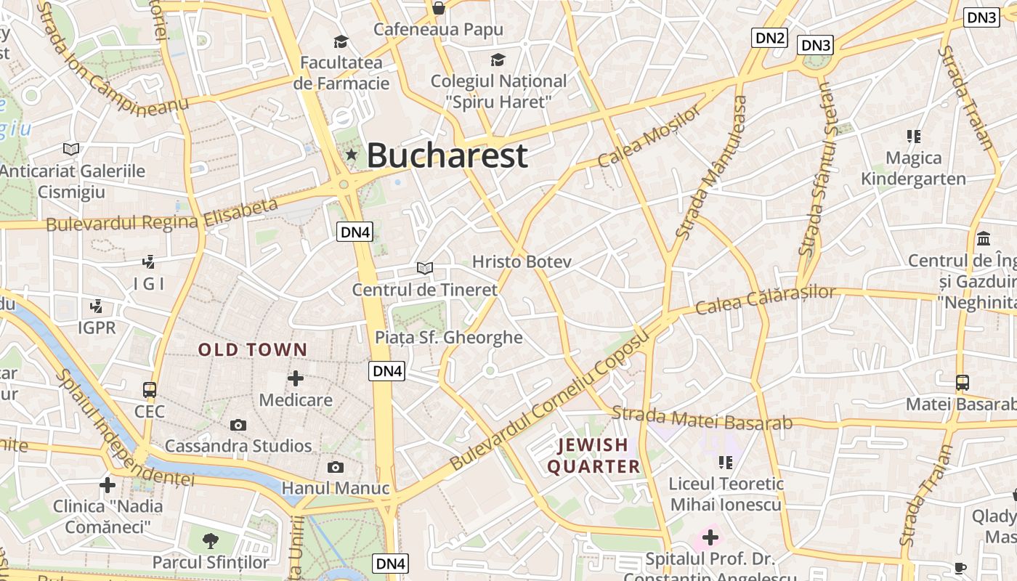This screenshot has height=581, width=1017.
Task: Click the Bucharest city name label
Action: click(447, 155)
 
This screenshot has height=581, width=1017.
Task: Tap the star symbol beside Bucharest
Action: click(352, 154)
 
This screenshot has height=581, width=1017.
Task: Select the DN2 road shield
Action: click(769, 38)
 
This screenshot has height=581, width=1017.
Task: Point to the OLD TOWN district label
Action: click(253, 350)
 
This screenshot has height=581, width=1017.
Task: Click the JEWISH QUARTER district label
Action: click(593, 455)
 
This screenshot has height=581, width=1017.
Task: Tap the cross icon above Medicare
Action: click(296, 378)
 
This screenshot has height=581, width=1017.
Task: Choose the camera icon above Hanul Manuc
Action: click(335, 467)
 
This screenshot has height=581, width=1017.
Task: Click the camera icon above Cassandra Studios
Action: click(238, 425)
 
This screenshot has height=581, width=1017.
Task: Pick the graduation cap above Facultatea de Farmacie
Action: click(341, 41)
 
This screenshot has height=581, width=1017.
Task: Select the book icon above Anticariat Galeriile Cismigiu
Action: click(70, 149)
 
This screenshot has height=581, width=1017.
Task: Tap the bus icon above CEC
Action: click(150, 390)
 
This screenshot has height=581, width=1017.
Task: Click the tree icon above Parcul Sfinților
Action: click(211, 540)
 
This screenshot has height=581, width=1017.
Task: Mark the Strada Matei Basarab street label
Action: click(702, 418)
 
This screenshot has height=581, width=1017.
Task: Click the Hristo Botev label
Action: click(522, 261)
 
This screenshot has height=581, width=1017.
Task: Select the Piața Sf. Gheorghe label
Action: click(448, 337)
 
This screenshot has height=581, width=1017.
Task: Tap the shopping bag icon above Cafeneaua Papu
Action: click(438, 8)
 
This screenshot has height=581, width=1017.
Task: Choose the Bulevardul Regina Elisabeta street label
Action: click(162, 214)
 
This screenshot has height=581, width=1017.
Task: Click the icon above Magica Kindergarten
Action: click(913, 136)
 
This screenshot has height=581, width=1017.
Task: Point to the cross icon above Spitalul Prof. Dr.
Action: click(710, 538)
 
